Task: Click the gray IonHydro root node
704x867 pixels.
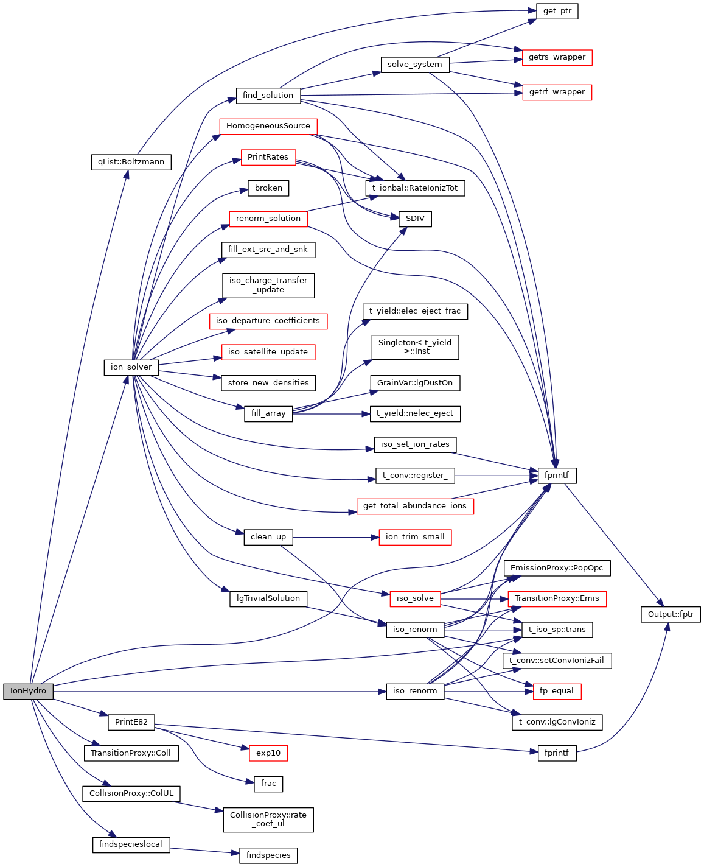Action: [x=28, y=692]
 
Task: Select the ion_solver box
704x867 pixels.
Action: [x=131, y=367]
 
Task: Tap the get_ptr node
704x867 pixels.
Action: [x=557, y=11]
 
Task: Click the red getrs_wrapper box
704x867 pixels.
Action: [x=557, y=57]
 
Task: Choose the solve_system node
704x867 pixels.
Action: [x=414, y=65]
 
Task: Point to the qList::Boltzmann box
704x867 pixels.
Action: [x=131, y=162]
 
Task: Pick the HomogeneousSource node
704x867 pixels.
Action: [x=268, y=126]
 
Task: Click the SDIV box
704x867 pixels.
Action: [x=415, y=219]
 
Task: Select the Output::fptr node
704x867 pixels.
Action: [x=671, y=614]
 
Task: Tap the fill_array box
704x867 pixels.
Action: [x=268, y=413]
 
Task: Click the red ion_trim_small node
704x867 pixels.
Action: [x=415, y=537]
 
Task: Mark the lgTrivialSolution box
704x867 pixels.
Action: [x=268, y=598]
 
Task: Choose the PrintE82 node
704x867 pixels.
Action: [x=131, y=722]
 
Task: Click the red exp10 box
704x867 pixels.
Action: [x=268, y=753]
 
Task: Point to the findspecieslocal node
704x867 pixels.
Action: [x=130, y=844]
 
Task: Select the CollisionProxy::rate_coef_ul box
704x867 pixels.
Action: [x=268, y=820]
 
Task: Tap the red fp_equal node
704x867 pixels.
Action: [x=557, y=691]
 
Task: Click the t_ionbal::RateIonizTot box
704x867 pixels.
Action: [x=415, y=188]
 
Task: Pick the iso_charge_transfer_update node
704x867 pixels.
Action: [x=268, y=285]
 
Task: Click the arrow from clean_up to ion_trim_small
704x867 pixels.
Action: [x=332, y=538]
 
